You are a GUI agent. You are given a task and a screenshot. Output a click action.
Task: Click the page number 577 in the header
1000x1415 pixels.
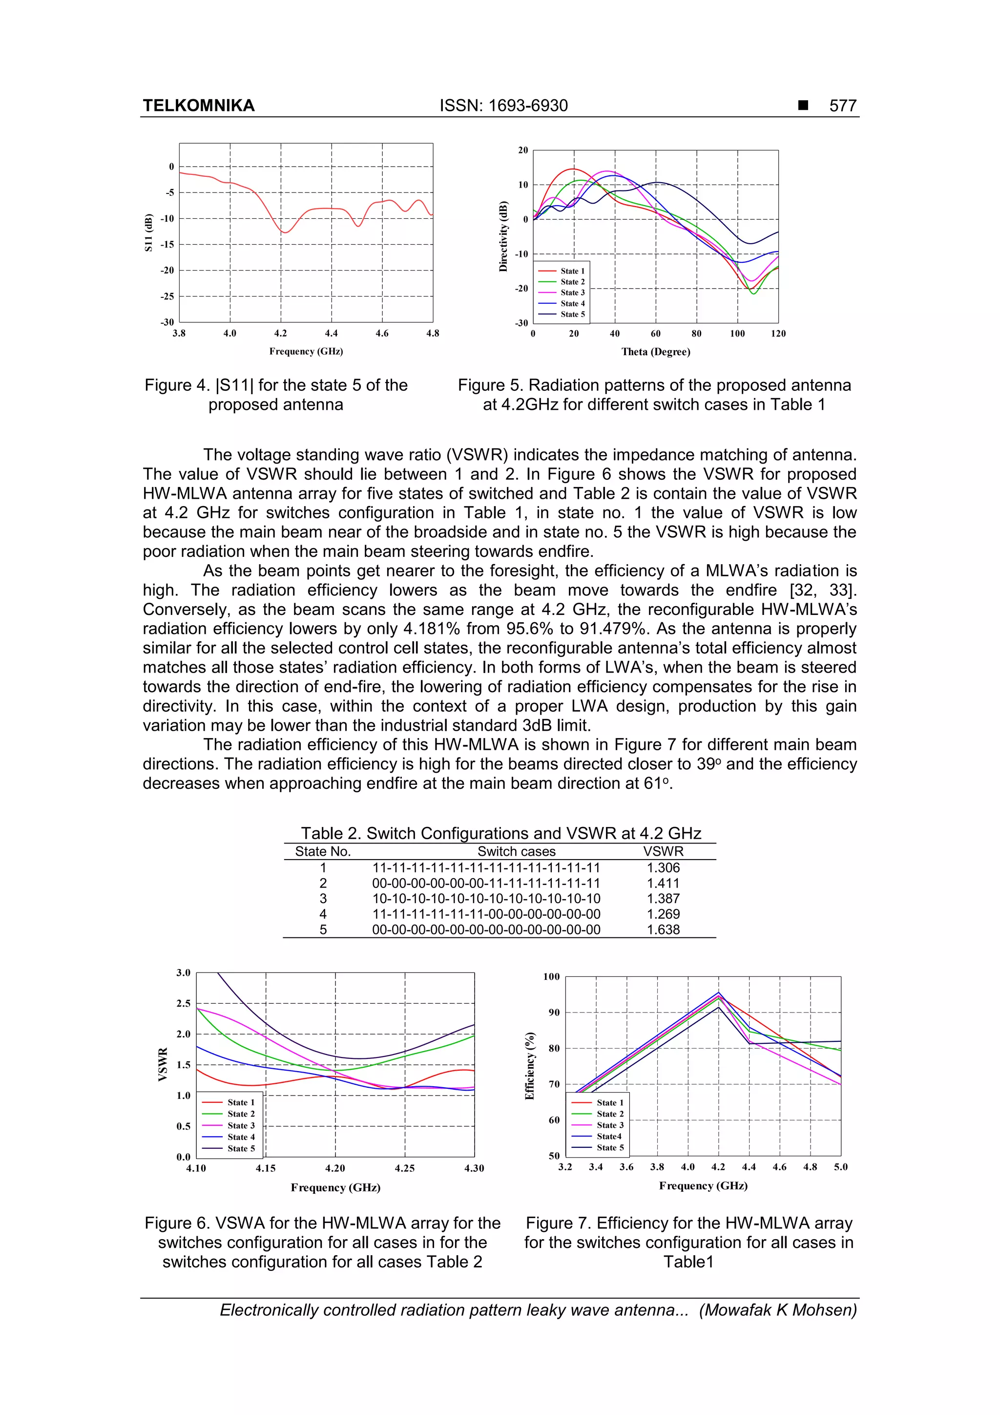[842, 106]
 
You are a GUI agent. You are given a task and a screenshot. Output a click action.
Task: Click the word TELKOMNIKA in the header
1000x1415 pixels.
[198, 106]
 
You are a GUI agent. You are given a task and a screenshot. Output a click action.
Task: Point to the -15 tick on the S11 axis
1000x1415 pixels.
[167, 245]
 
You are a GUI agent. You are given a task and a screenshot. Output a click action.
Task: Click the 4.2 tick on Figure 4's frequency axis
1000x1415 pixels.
[280, 334]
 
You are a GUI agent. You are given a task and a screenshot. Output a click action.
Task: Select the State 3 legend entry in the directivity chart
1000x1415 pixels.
[572, 293]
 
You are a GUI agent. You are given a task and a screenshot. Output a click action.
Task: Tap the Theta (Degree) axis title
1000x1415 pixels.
[656, 352]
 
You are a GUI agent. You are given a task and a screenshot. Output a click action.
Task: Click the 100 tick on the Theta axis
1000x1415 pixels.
[737, 334]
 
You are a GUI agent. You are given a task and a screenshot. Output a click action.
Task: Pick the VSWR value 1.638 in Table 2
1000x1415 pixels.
[663, 929]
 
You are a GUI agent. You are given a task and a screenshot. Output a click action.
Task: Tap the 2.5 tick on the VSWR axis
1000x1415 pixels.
[184, 1003]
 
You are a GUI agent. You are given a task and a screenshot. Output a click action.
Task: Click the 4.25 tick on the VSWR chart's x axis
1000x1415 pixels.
[405, 1168]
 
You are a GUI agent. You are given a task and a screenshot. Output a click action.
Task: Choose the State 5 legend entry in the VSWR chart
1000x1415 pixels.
[240, 1148]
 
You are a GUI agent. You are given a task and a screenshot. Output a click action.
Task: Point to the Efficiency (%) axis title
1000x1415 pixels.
[529, 1066]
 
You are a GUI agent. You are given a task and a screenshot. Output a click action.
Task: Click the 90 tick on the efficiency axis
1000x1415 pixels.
[554, 1013]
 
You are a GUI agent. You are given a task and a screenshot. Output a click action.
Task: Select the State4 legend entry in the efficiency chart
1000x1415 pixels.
[609, 1137]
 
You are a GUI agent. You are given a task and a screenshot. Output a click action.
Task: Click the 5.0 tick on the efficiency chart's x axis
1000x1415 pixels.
[840, 1167]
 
